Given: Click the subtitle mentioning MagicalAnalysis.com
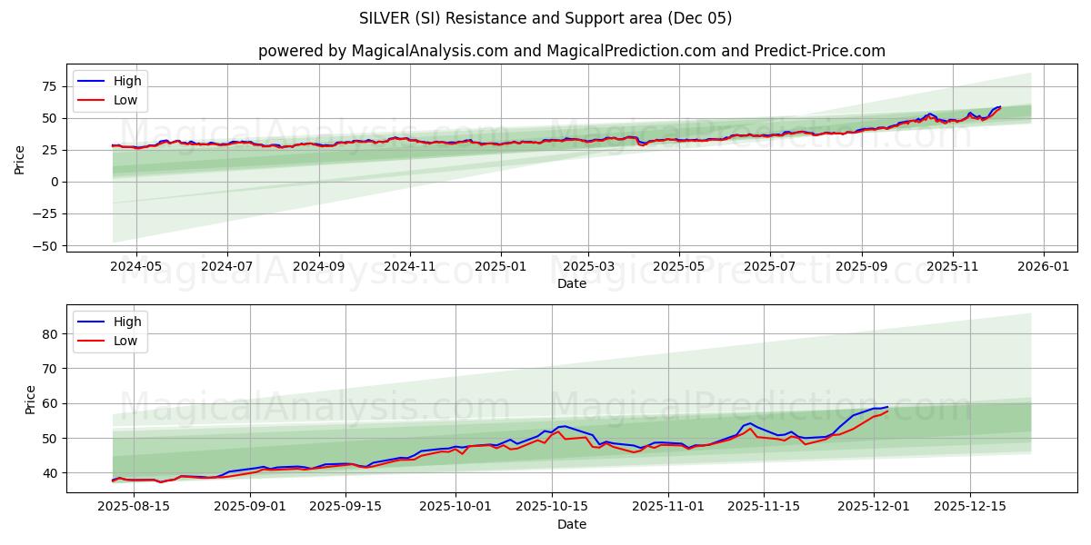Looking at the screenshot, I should [x=571, y=51].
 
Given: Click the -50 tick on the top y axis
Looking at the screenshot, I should [x=45, y=245].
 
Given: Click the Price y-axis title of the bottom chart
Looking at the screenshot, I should [x=31, y=400].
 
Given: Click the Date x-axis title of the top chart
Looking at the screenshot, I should [x=571, y=284].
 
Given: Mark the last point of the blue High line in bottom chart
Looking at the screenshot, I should [x=887, y=407].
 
